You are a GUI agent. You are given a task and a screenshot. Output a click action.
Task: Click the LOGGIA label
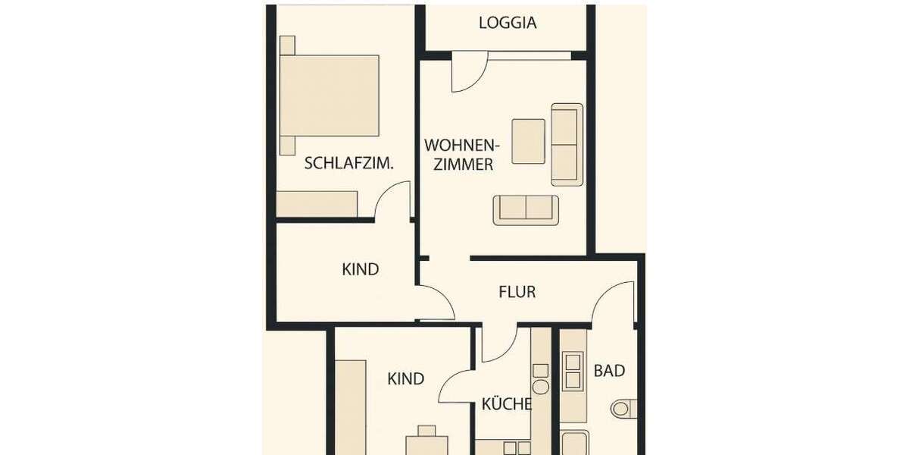508,23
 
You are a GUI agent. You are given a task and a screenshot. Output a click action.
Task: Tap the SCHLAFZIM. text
348,163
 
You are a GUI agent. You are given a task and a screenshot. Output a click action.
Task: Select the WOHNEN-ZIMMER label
459,154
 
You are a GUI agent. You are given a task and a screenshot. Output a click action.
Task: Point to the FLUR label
517,291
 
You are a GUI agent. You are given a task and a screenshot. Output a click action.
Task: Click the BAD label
609,371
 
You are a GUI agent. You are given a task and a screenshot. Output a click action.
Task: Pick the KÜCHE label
506,404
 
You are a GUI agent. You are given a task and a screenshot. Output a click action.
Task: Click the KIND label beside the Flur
361,269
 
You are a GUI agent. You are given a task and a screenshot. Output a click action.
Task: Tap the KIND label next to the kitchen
406,378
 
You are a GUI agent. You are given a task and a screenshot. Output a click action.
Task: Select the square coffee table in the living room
528,141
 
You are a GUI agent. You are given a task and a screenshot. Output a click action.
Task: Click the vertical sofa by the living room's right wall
567,144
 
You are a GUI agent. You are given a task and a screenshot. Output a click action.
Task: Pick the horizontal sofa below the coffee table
526,210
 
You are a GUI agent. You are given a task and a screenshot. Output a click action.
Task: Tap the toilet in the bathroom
623,409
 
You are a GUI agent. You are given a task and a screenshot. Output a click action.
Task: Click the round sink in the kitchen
540,387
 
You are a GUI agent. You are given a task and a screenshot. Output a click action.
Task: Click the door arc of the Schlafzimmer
394,201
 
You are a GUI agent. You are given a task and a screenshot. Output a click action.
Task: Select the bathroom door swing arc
614,302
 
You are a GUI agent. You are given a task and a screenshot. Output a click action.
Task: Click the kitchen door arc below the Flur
498,344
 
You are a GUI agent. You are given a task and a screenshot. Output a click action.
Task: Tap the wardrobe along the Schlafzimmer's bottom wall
317,204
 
